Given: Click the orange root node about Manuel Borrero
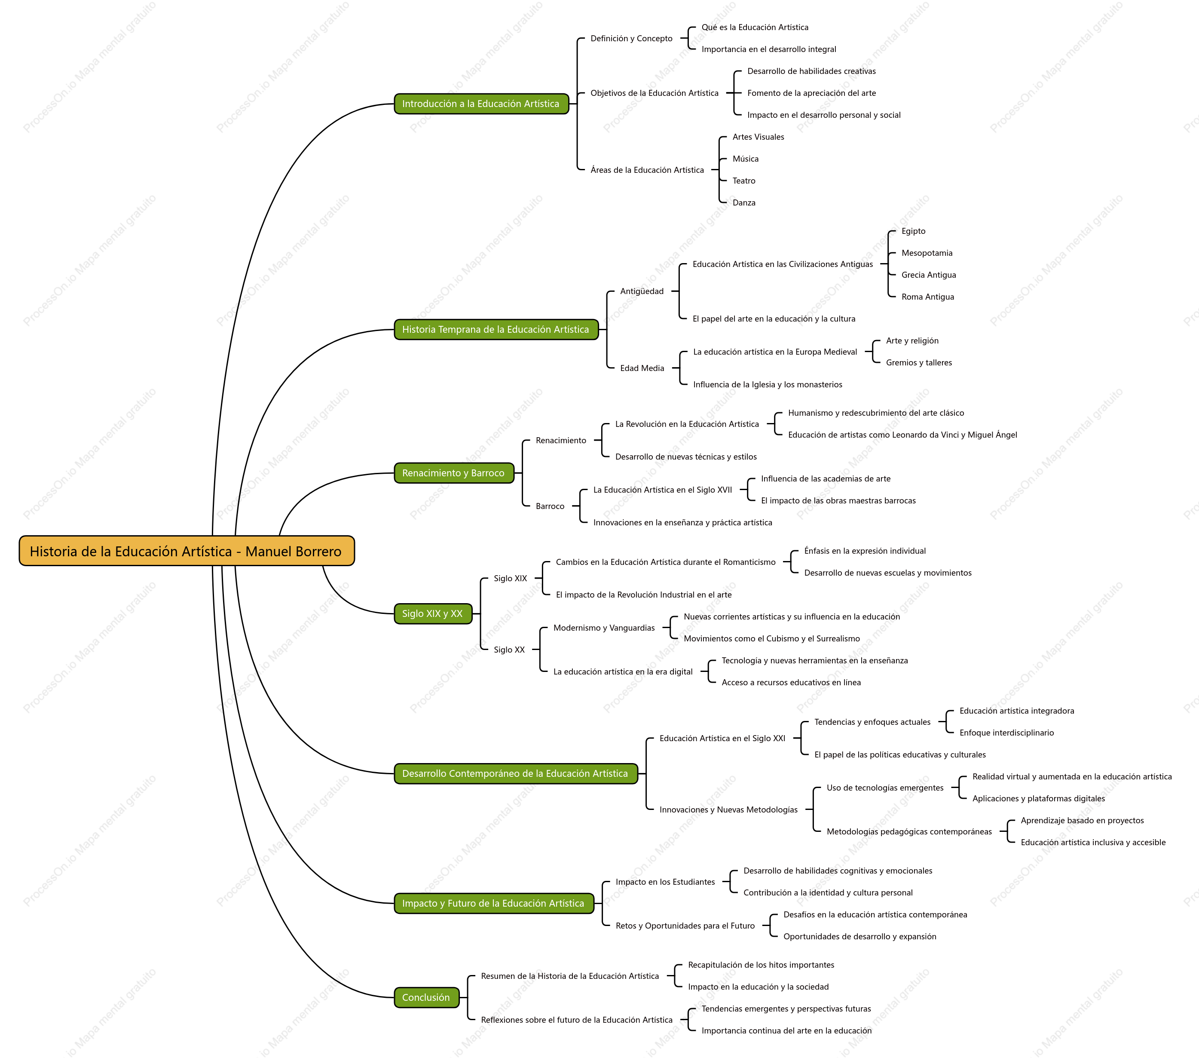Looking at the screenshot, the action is point(187,551).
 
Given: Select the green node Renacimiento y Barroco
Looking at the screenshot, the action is point(454,473).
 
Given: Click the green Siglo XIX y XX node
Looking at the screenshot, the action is point(433,614).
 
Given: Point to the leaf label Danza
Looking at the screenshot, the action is point(744,203).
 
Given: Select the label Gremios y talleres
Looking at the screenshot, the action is point(919,363).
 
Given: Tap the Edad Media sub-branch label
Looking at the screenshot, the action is point(642,368).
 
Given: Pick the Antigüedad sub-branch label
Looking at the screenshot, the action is point(642,291).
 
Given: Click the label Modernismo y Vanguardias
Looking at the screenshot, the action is point(604,628).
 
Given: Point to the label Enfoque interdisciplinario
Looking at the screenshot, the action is point(1006,733).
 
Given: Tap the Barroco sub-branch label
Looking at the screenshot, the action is point(550,506).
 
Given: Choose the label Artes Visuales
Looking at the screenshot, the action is point(758,137).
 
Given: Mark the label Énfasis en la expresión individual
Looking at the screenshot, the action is point(865,551).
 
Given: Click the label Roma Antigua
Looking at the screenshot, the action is point(927,297).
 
